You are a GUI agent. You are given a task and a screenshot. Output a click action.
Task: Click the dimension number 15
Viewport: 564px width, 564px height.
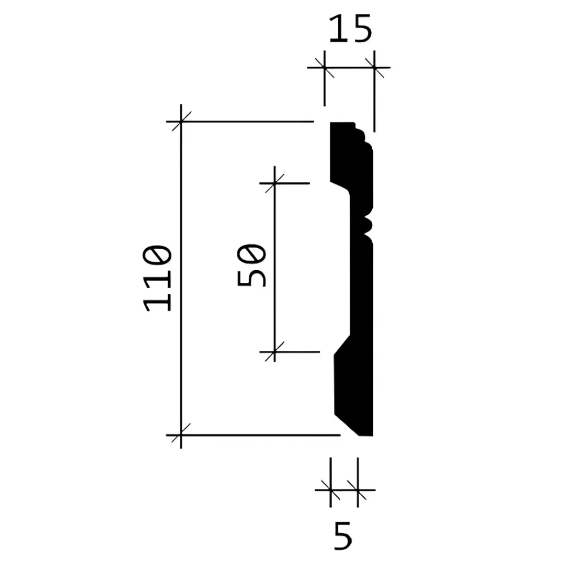point(350,29)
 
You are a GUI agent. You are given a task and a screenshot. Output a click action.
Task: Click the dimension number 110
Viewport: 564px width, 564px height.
point(157,277)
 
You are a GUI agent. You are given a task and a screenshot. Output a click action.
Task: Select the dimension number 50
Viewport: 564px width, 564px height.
point(252,265)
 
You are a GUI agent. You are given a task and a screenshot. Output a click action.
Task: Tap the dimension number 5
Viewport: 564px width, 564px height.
point(342,536)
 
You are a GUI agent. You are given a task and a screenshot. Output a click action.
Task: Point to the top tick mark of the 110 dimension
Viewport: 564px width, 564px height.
point(181,122)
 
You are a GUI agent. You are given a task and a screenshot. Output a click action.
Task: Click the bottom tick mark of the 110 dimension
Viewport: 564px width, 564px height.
point(181,435)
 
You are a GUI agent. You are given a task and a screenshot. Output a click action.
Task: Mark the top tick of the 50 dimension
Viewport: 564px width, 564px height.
point(275,183)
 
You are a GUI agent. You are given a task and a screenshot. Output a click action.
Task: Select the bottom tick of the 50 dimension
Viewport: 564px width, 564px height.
point(275,351)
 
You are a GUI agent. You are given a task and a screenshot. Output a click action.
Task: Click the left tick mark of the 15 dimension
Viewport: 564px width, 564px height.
point(325,67)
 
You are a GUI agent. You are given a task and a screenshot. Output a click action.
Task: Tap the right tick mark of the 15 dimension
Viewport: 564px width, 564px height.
point(374,67)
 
